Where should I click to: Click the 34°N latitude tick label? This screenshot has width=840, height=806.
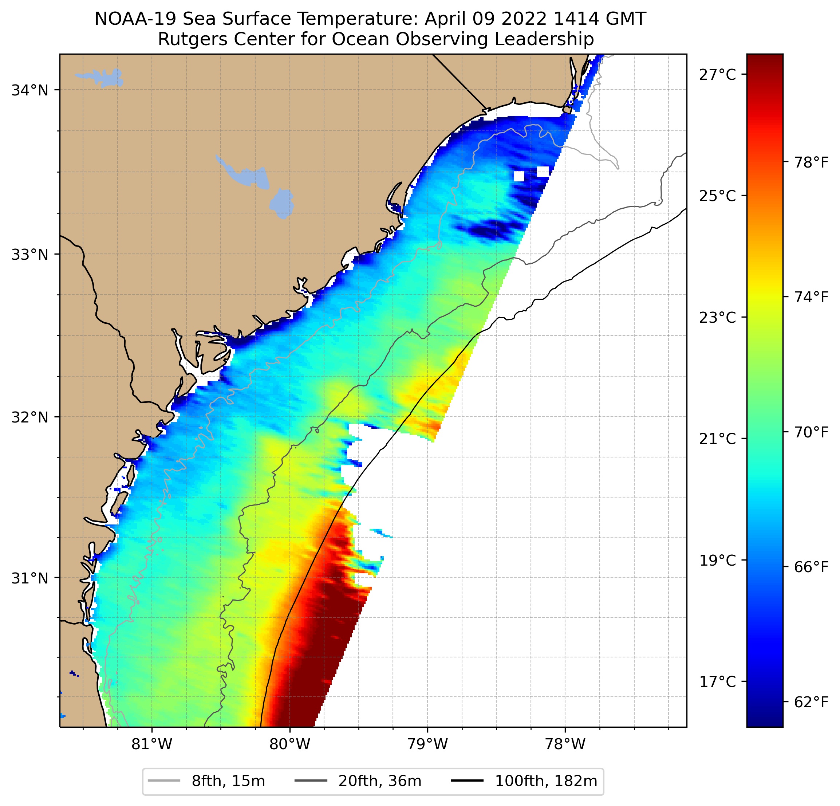click(x=29, y=90)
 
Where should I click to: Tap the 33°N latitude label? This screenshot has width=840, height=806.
click(x=29, y=254)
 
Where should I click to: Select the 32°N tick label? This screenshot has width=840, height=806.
click(x=29, y=417)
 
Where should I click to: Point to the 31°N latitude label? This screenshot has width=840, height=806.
click(x=29, y=578)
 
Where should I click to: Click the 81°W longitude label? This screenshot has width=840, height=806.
click(x=152, y=744)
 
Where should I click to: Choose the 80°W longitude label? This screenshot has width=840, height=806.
click(x=290, y=744)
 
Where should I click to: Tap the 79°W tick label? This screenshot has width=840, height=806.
click(x=427, y=744)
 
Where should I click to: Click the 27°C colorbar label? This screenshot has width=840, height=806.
click(x=717, y=75)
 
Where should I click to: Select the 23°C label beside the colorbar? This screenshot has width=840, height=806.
click(x=717, y=318)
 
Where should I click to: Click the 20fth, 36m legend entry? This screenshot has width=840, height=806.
click(x=358, y=781)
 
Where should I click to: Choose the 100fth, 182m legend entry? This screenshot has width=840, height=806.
click(x=524, y=781)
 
